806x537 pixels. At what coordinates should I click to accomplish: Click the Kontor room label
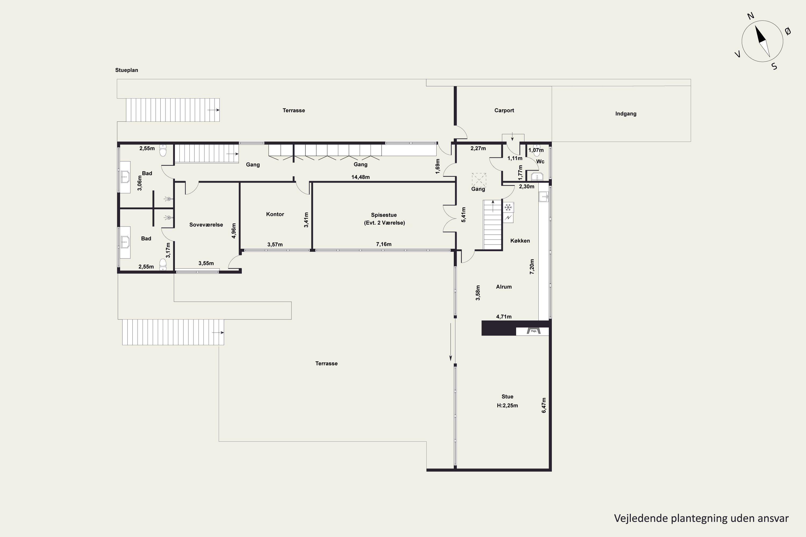point(275,214)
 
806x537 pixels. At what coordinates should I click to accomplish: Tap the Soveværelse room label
point(206,225)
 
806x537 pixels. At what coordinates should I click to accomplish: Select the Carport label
point(504,110)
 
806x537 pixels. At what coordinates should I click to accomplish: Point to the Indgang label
point(626,114)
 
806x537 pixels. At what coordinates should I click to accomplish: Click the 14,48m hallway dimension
point(361,177)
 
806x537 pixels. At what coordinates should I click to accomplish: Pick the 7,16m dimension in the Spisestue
point(383,244)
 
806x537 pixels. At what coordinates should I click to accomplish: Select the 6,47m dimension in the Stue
point(544,405)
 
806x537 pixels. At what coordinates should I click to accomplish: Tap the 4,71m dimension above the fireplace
point(504,317)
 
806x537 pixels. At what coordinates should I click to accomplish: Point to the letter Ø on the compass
point(788,31)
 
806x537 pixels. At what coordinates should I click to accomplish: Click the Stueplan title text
point(127,70)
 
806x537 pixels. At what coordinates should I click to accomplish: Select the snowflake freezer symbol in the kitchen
point(509,207)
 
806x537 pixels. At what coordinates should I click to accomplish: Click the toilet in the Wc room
point(537,151)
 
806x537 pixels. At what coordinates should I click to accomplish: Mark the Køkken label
point(520,241)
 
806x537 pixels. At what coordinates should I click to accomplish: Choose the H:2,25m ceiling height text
point(507,405)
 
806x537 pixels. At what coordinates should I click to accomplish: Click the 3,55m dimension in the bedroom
point(206,263)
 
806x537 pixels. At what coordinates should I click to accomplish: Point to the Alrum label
point(504,287)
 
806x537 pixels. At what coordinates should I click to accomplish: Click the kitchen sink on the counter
point(544,197)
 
